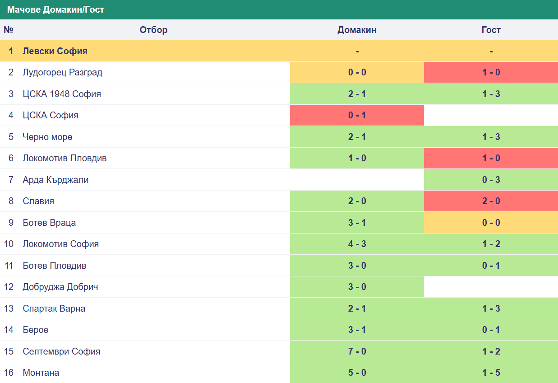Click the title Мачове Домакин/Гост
[x=55, y=10]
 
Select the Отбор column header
[x=153, y=30]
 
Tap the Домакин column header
[x=357, y=30]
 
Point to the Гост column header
[x=491, y=30]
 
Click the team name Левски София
[x=55, y=51]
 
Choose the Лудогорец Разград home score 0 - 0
[x=357, y=72]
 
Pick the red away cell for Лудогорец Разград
[x=491, y=72]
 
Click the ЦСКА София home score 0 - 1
[x=357, y=115]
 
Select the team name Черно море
[x=47, y=137]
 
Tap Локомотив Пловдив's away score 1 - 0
[x=491, y=158]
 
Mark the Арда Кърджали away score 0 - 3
[x=491, y=180]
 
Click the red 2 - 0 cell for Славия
[x=491, y=201]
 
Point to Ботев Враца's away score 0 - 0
[x=491, y=223]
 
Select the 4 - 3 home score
[x=357, y=244]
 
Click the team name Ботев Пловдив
[x=55, y=266]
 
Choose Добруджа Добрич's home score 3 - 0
[x=357, y=287]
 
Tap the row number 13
[x=9, y=308]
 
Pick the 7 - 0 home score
[x=357, y=351]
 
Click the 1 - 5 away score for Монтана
[x=491, y=373]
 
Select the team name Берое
[x=36, y=330]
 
